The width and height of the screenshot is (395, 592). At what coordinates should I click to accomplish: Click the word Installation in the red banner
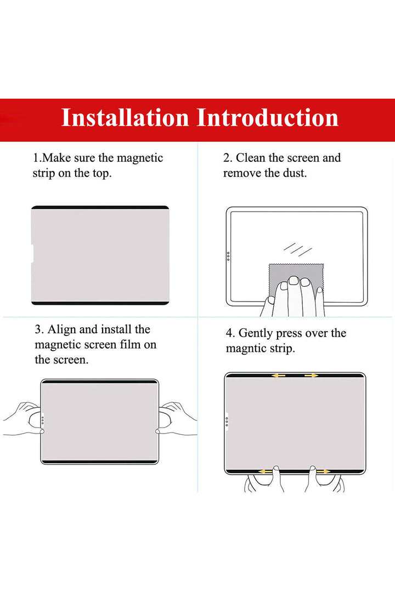(125, 117)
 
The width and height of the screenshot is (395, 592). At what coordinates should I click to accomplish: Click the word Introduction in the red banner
(268, 117)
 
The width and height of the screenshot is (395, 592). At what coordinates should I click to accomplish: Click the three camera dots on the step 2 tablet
(228, 257)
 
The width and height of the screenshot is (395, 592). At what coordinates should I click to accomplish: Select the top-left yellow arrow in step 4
(279, 375)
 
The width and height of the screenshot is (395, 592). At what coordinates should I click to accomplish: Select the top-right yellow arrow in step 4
(312, 375)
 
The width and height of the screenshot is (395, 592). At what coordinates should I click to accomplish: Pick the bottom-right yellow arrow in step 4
(324, 471)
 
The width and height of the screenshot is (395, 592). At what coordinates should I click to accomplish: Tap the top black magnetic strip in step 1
(100, 207)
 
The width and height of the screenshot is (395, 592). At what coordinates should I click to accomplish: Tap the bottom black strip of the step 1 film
(100, 303)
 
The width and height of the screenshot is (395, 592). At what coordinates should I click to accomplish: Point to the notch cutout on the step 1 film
(32, 253)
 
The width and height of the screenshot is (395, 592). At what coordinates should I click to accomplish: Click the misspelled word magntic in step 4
(248, 349)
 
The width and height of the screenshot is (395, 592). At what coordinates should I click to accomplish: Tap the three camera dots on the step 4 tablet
(227, 421)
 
